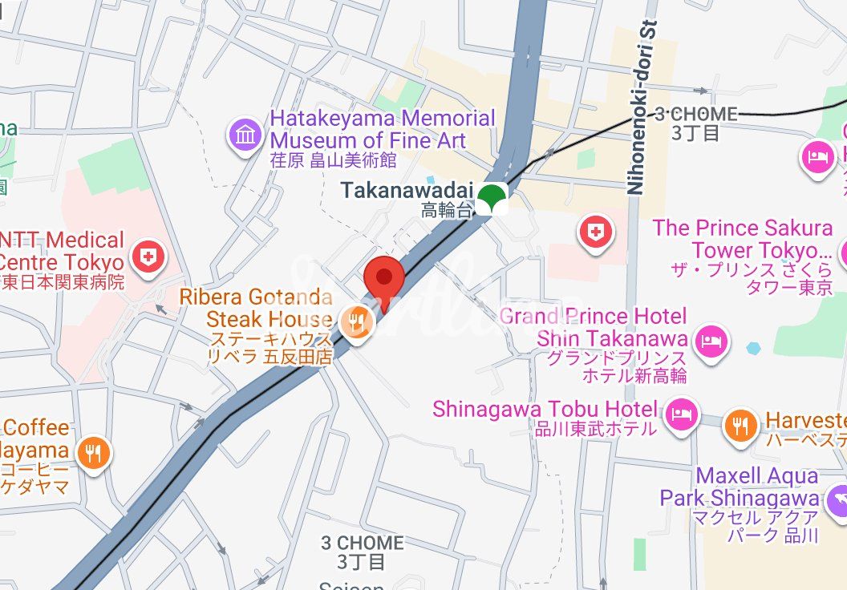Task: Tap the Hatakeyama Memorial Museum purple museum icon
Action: [245, 135]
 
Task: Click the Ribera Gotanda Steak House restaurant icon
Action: [356, 323]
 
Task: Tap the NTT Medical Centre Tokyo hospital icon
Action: [148, 257]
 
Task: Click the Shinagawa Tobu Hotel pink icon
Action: [681, 413]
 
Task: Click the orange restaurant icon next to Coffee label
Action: [94, 453]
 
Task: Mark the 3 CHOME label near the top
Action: [695, 123]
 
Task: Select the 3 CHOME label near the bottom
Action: [363, 551]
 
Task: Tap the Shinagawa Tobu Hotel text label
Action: [545, 417]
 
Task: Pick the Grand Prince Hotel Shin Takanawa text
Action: [594, 337]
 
